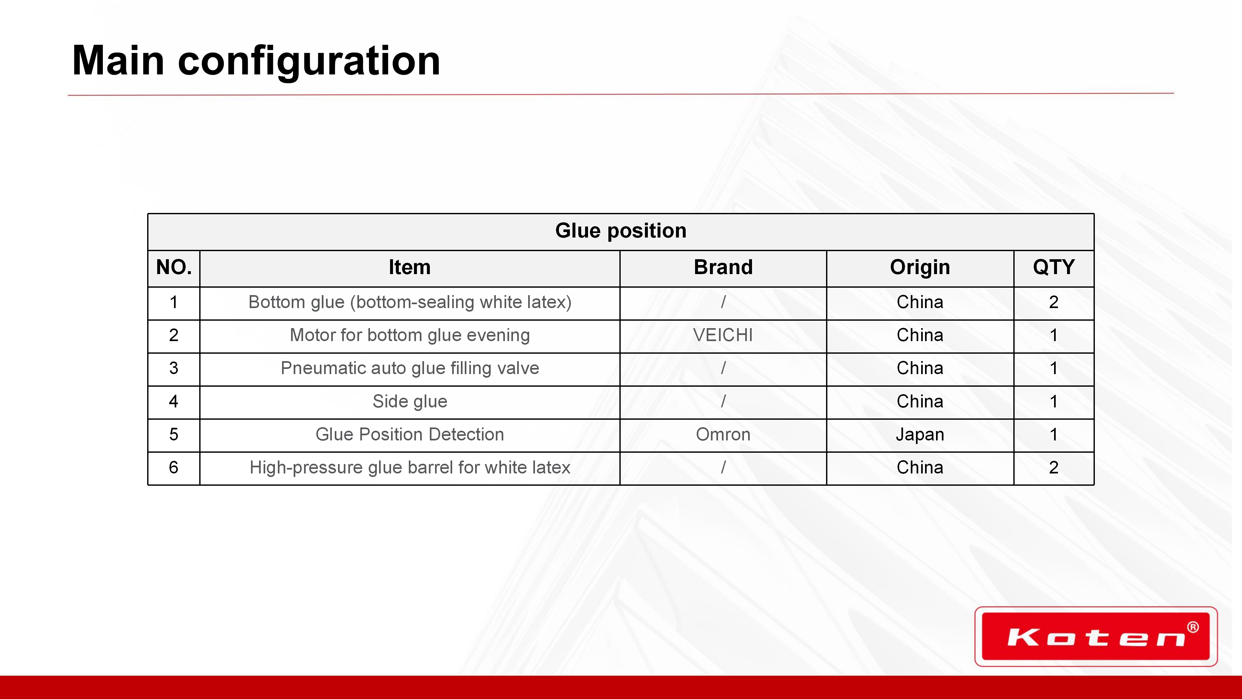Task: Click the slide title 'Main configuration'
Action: point(256,61)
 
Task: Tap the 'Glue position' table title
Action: point(621,231)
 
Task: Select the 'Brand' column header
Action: point(723,267)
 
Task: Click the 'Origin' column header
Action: point(920,267)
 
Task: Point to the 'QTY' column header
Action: point(1053,267)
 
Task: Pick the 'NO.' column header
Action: point(174,267)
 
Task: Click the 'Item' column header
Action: point(409,267)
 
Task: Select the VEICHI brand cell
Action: point(723,335)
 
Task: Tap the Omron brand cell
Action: point(723,435)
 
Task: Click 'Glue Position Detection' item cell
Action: point(410,435)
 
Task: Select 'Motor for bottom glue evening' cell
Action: point(410,335)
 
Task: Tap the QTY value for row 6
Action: point(1053,467)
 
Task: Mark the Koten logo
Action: point(1096,636)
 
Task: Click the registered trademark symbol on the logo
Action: point(1193,627)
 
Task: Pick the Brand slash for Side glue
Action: point(723,401)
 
